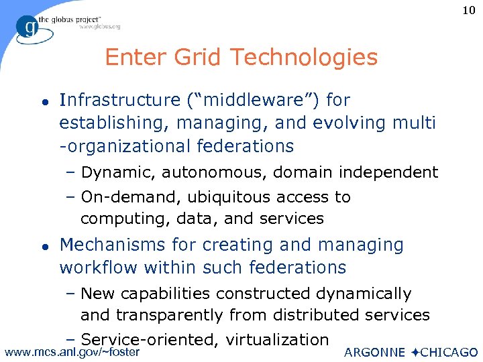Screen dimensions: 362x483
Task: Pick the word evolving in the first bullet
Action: (x=365, y=123)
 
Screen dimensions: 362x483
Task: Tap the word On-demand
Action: (x=129, y=197)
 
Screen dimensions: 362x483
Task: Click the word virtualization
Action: (x=277, y=340)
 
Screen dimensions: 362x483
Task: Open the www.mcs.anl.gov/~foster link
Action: (x=72, y=352)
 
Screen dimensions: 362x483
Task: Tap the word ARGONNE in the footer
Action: (x=374, y=353)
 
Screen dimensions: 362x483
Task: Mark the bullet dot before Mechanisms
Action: (x=44, y=246)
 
